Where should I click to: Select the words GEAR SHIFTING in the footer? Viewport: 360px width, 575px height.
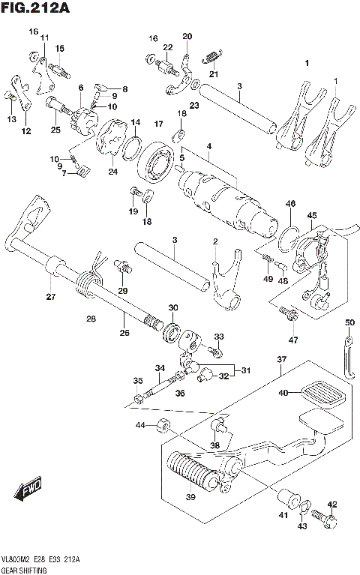[x=24, y=571]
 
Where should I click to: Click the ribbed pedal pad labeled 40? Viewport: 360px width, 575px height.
[x=322, y=392]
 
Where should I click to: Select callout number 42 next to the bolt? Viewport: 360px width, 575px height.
[x=332, y=504]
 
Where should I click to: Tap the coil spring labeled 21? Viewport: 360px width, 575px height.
[x=214, y=55]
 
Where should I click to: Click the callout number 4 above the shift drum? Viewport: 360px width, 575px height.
[x=209, y=145]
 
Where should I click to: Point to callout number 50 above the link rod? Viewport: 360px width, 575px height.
[x=349, y=322]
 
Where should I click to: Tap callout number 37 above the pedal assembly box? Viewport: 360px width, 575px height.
[x=281, y=360]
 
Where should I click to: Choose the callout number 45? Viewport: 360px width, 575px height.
[x=312, y=215]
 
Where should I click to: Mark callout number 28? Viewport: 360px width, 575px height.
[x=91, y=319]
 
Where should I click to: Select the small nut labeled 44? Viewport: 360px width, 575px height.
[x=162, y=427]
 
